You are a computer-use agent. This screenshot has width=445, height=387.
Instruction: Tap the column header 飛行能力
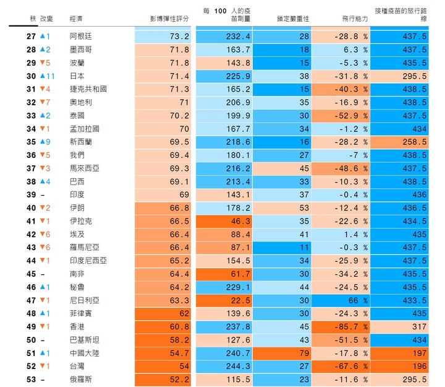(x=354, y=19)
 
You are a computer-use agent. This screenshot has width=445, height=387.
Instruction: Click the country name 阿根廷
(x=82, y=37)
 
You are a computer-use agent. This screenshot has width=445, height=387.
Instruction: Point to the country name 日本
(x=77, y=76)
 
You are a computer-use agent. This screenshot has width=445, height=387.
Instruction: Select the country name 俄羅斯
(x=82, y=378)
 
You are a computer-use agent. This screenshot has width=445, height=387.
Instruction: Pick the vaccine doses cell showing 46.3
(x=240, y=220)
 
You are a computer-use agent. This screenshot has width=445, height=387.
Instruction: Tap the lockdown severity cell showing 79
(x=303, y=352)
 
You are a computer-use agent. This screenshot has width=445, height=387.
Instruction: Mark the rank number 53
(x=31, y=378)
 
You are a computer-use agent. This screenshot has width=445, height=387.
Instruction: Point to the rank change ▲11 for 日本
(x=48, y=76)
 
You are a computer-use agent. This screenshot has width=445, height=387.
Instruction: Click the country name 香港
(x=77, y=326)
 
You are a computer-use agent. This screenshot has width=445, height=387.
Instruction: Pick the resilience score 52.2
(x=179, y=378)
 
